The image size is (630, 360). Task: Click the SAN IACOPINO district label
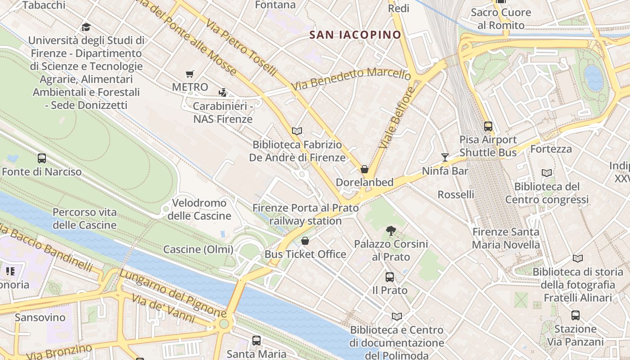pyautogui.click(x=355, y=35)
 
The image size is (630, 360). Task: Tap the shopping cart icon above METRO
pyautogui.click(x=190, y=74)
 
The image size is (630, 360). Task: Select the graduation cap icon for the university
pyautogui.click(x=86, y=27)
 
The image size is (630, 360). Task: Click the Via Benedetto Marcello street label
pyautogui.click(x=351, y=79)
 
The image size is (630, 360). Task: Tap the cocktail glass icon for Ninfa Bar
pyautogui.click(x=445, y=157)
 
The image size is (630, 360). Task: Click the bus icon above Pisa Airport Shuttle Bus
pyautogui.click(x=488, y=126)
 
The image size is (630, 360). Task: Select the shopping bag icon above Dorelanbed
pyautogui.click(x=364, y=169)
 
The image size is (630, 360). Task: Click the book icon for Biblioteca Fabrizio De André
pyautogui.click(x=297, y=131)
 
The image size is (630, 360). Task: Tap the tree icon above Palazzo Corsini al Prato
pyautogui.click(x=391, y=231)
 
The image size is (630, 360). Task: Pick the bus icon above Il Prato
pyautogui.click(x=390, y=277)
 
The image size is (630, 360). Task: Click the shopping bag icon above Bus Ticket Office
pyautogui.click(x=305, y=241)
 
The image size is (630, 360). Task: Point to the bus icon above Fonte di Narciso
pyautogui.click(x=42, y=158)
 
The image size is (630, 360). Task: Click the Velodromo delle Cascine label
pyautogui.click(x=199, y=209)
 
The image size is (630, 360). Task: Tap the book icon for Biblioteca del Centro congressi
pyautogui.click(x=547, y=173)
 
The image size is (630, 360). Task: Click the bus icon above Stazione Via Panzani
pyautogui.click(x=576, y=315)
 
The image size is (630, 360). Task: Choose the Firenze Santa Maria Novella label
pyautogui.click(x=506, y=238)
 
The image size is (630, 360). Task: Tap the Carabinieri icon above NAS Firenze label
pyautogui.click(x=222, y=93)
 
